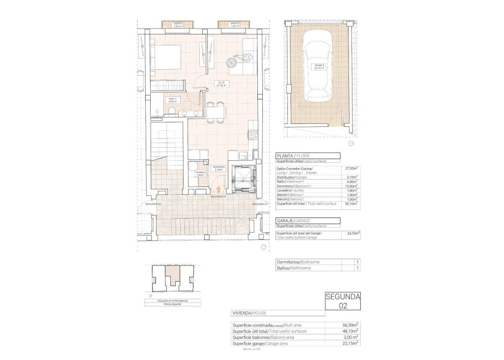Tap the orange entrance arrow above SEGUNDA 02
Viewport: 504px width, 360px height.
click(x=218, y=189)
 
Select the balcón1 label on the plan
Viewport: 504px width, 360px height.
click(x=178, y=25)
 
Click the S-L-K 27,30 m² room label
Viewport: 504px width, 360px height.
click(x=220, y=84)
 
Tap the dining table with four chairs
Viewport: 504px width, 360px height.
click(x=217, y=112)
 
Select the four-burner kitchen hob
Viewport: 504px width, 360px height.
click(x=253, y=134)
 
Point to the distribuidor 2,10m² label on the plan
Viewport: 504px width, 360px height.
click(x=219, y=168)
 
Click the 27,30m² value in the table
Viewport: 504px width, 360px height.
click(x=351, y=168)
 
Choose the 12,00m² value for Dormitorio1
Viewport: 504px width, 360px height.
click(x=351, y=186)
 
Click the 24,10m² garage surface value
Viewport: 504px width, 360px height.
click(x=351, y=234)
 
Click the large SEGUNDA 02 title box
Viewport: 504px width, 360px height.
click(x=343, y=301)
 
